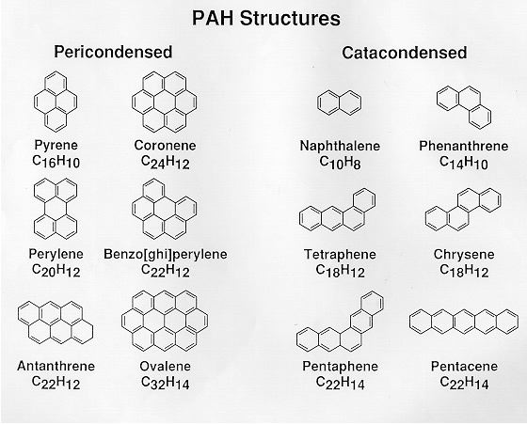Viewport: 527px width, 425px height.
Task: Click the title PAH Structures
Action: click(265, 18)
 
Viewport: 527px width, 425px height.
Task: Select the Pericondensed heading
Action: click(113, 52)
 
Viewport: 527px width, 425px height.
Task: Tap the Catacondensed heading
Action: click(405, 53)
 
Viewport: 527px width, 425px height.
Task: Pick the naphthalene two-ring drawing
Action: click(340, 102)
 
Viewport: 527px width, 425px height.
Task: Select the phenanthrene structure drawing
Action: click(464, 106)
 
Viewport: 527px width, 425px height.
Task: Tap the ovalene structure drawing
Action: click(165, 321)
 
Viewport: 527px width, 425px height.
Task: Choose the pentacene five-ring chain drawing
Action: click(464, 322)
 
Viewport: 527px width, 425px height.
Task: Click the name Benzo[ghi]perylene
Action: click(166, 254)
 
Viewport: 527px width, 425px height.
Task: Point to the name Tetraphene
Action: click(340, 254)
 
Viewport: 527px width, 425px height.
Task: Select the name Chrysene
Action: click(464, 254)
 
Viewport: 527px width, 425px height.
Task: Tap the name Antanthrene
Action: click(56, 366)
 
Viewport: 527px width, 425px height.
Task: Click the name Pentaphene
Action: click(340, 366)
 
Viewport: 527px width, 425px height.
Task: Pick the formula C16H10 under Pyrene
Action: click(56, 162)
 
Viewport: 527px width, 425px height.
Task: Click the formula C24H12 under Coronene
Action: click(166, 162)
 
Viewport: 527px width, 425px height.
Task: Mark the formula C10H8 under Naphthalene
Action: click(340, 163)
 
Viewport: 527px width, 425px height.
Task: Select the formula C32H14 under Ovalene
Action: click(166, 383)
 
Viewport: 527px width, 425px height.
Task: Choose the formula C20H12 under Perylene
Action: click(56, 270)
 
